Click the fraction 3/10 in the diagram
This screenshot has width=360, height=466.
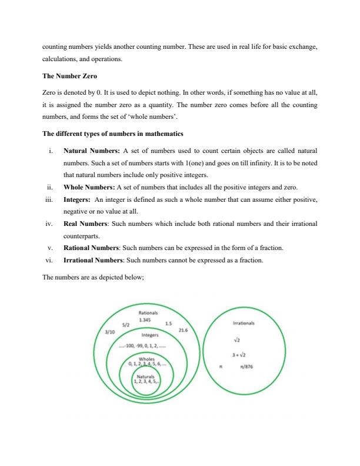tap(109, 332)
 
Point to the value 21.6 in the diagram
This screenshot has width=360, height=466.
tap(183, 331)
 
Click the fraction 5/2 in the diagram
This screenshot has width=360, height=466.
tap(126, 324)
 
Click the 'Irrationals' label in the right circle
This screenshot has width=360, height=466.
tap(243, 323)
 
